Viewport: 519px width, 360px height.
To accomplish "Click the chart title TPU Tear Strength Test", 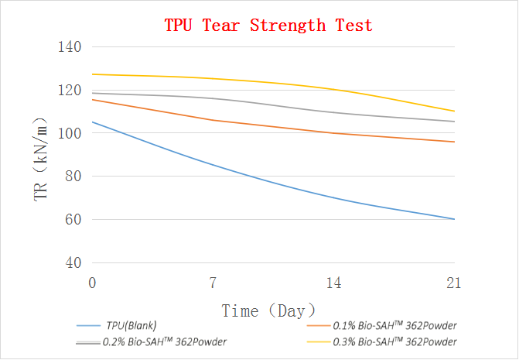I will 268,26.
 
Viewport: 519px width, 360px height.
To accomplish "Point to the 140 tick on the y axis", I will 70,46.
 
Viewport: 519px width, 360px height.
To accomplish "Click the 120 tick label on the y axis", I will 70,90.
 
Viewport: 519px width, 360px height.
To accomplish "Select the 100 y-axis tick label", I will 70,133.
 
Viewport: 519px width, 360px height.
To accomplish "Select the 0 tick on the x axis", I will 93,283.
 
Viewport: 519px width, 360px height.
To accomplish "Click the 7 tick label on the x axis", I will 213,283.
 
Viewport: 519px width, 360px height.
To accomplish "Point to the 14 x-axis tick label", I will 333,283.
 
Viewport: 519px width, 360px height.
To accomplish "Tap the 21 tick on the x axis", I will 454,283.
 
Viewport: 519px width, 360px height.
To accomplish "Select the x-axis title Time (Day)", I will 268,311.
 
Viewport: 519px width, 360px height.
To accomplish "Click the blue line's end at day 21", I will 454,219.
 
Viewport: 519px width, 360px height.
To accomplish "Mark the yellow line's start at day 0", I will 93,74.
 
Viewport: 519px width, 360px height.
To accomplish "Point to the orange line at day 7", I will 213,120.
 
